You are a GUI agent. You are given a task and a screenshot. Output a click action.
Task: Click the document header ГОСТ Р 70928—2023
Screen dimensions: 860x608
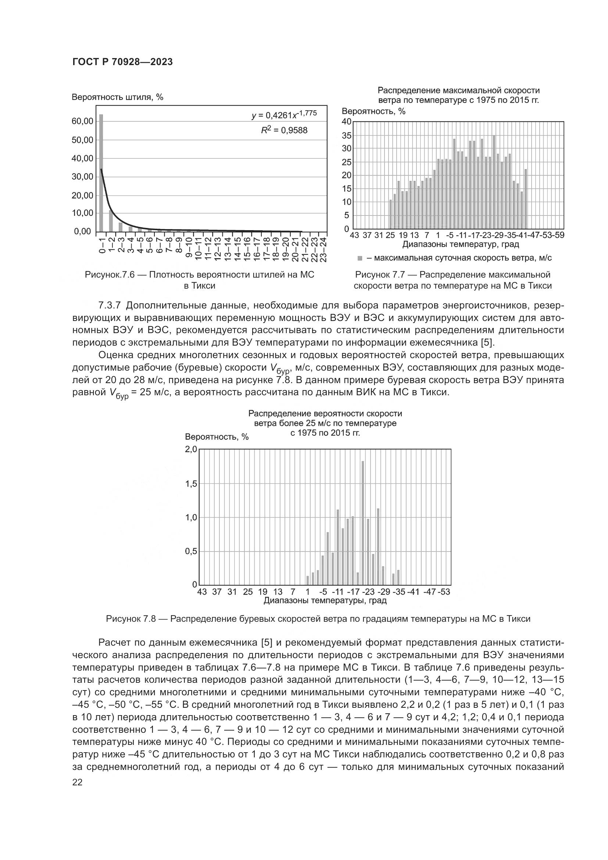point(122,62)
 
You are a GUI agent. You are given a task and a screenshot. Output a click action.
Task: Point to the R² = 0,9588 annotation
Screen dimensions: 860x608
point(284,131)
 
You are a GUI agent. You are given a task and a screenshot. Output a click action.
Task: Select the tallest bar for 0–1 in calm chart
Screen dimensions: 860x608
point(101,173)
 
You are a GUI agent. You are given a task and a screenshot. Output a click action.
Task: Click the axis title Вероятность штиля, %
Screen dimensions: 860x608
point(118,97)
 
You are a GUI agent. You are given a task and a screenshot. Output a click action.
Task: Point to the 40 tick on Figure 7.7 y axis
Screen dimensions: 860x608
point(347,122)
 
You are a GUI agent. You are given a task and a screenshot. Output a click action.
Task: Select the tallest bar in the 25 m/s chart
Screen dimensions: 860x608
point(363,523)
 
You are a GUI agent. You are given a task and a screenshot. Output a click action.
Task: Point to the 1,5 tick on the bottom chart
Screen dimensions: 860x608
point(191,484)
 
